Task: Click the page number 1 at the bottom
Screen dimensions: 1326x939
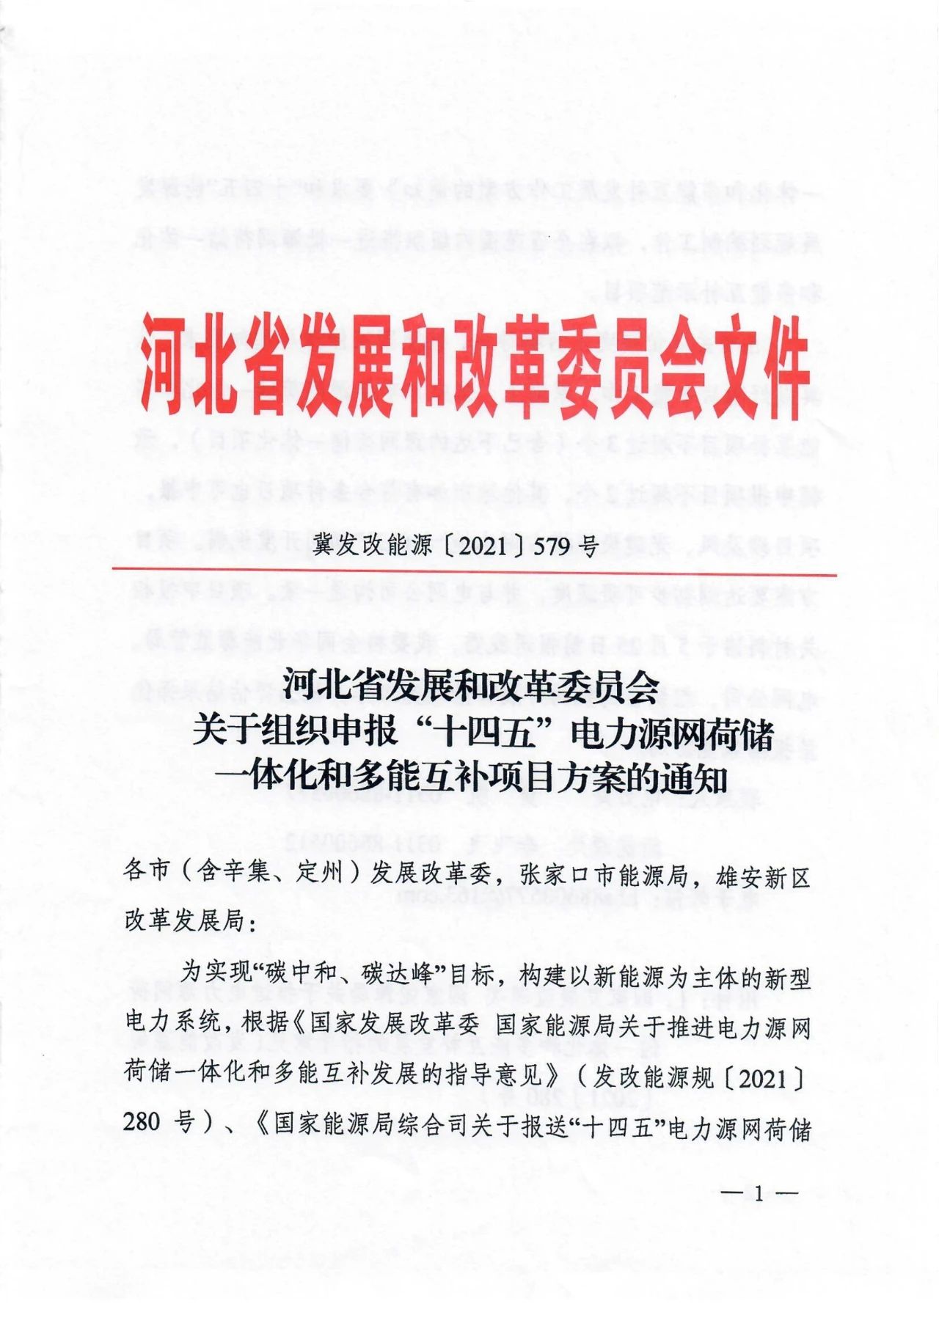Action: pos(759,1194)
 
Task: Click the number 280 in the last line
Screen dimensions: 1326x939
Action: pos(141,1123)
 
